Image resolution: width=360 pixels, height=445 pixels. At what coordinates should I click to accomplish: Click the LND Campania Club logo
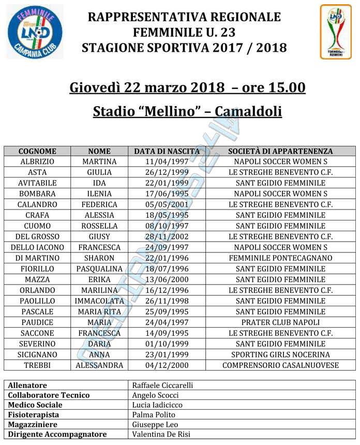(35, 32)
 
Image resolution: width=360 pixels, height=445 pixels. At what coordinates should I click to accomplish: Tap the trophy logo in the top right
(335, 32)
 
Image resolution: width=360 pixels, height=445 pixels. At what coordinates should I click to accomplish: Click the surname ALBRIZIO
(37, 162)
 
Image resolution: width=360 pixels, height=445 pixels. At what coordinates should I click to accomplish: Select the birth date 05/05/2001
(167, 204)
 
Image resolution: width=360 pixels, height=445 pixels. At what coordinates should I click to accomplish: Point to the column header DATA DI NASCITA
(167, 151)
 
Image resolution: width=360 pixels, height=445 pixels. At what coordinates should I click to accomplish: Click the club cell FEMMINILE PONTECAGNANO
(280, 258)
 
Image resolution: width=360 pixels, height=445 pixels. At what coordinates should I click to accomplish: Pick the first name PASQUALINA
(99, 269)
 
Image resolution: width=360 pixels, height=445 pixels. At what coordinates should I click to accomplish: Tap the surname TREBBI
(37, 365)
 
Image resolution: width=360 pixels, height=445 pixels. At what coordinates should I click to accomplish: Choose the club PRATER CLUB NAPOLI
(280, 322)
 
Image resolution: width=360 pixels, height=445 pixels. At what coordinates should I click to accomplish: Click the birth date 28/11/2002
(167, 236)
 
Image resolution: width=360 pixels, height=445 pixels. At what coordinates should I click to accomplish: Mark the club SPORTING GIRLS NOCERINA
(280, 354)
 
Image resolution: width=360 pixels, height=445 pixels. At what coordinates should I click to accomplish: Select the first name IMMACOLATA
(99, 301)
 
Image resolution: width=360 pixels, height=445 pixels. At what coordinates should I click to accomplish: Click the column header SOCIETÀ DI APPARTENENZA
(280, 151)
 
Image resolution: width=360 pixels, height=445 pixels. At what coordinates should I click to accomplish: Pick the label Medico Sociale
(35, 405)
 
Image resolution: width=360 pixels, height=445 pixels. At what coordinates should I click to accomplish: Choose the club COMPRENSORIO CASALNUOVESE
(280, 365)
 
